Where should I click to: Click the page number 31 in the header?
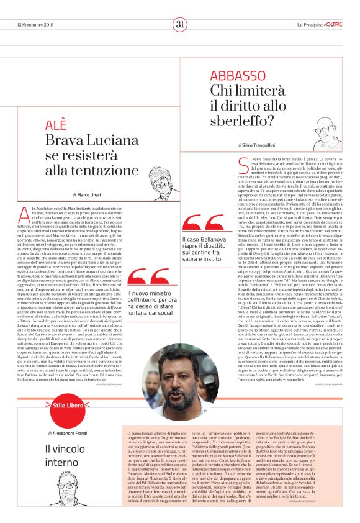[180, 24]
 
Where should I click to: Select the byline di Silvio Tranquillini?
[263, 145]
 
